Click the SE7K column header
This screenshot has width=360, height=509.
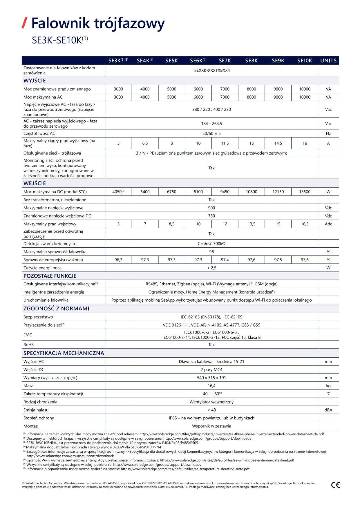[225, 61]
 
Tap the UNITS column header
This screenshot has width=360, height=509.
[328, 61]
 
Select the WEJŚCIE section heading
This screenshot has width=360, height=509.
[35, 183]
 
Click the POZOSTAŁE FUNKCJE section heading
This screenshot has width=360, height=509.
[50, 276]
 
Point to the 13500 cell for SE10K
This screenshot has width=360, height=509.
[305, 192]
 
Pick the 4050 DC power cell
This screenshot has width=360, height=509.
[118, 192]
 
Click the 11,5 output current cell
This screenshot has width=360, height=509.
[225, 143]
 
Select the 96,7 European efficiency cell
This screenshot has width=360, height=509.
[118, 260]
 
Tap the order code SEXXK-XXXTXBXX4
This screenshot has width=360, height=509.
[212, 70]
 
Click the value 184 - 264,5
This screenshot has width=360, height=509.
[211, 124]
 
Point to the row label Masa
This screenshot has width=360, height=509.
[28, 386]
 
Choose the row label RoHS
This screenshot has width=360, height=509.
[28, 345]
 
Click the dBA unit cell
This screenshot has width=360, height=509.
[328, 410]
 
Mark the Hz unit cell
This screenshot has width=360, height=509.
[328, 133]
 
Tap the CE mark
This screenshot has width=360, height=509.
[335, 485]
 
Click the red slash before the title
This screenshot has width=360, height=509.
[25, 23]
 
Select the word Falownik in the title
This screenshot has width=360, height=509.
[61, 23]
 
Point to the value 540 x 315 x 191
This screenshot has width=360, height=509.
[211, 378]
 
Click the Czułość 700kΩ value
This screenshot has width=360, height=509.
[211, 244]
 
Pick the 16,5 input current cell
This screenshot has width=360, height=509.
[305, 224]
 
